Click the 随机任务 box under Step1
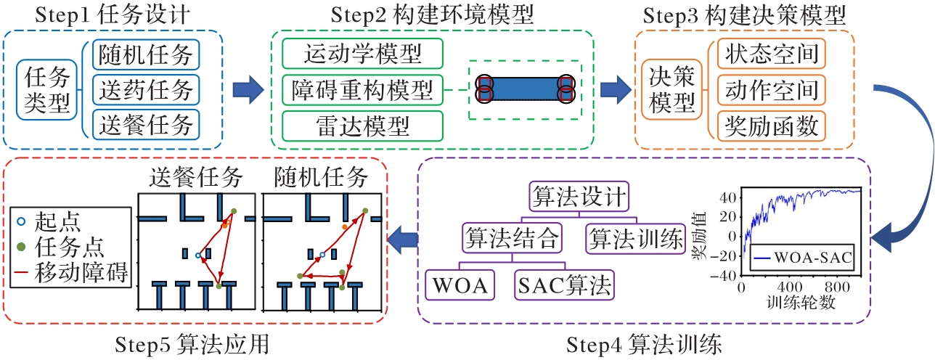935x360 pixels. pos(146,54)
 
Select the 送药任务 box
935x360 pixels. pos(146,89)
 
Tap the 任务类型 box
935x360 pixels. pos(48,89)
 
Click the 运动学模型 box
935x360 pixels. pos(362,54)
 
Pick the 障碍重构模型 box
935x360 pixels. pos(362,90)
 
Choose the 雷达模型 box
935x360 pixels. pos(362,126)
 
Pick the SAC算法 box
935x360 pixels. pos(563,283)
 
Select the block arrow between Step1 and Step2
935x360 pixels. pos(248,90)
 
